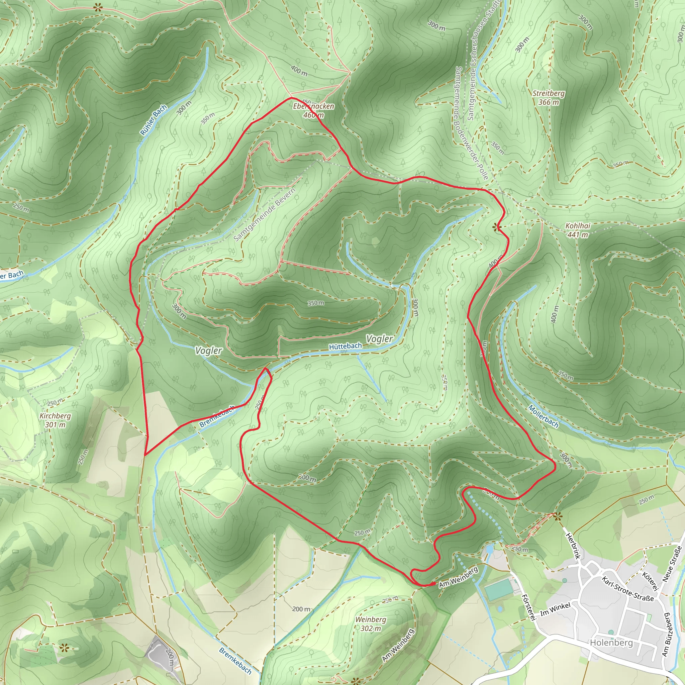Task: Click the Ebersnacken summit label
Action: (x=313, y=106)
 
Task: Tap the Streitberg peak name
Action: (x=549, y=94)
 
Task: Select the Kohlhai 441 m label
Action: (x=578, y=230)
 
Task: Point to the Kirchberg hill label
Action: (x=55, y=420)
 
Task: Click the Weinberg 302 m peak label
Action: (x=371, y=624)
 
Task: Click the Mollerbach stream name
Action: (x=543, y=416)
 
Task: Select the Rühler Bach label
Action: (x=153, y=120)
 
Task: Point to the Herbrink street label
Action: (x=572, y=546)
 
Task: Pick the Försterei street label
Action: (x=528, y=607)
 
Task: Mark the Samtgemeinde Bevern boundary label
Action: (x=265, y=215)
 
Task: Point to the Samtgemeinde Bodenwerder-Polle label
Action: (x=472, y=123)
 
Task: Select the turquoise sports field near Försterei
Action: (x=498, y=590)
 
